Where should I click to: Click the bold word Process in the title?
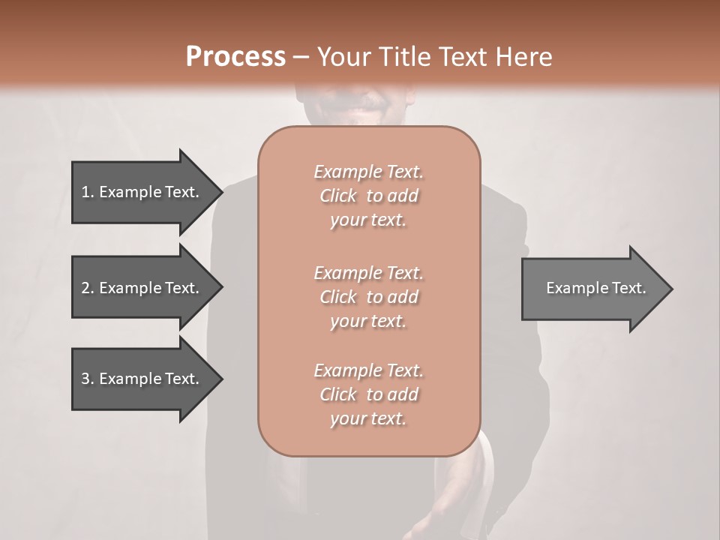[235, 56]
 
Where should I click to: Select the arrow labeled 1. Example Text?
[142, 192]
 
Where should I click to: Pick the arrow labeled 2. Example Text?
[142, 288]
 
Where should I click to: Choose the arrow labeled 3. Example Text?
[142, 379]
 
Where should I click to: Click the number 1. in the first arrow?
[87, 192]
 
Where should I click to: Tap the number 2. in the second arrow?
[87, 288]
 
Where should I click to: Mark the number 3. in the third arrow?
[87, 379]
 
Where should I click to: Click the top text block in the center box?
[368, 196]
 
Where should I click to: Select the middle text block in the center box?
[368, 296]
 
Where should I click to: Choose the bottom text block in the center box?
[368, 394]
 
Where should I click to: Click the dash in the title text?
[301, 57]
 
